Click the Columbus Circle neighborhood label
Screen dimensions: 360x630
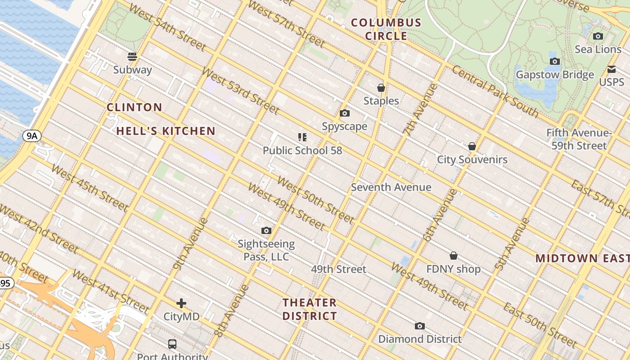[x=386, y=29]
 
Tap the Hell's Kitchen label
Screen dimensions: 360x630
[x=166, y=131]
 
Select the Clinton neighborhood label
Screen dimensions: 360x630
[x=134, y=108]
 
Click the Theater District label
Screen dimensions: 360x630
[x=310, y=309]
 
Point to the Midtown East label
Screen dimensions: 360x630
[x=582, y=259]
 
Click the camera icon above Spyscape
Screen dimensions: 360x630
[x=345, y=113]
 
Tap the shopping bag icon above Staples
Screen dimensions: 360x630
[x=381, y=88]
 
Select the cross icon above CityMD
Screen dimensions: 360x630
[x=181, y=303]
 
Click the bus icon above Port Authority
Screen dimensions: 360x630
[x=172, y=344]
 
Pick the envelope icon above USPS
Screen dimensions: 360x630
[x=611, y=70]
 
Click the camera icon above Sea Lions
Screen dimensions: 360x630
[x=598, y=36]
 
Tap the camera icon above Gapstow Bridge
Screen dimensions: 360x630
[x=555, y=62]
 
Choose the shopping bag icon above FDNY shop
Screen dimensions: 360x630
[x=454, y=256]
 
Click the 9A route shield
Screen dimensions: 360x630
[x=32, y=136]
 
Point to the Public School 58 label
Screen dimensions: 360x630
[x=302, y=151]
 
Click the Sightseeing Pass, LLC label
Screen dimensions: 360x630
[x=266, y=251]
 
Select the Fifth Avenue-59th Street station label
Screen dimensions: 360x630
[x=579, y=139]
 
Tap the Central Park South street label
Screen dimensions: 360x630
[x=495, y=91]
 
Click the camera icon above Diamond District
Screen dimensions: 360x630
[x=420, y=326]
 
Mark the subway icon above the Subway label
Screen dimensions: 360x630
[x=132, y=57]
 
